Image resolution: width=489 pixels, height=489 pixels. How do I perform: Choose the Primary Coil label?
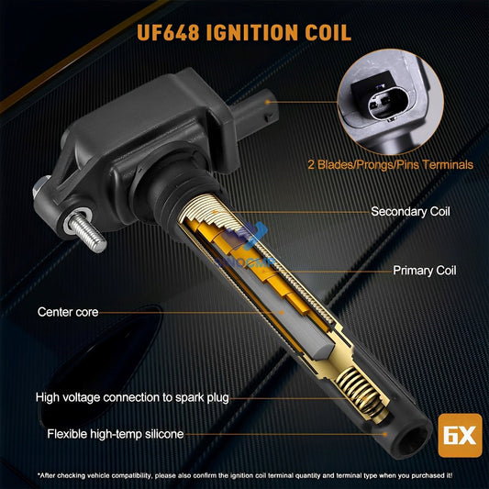tap(424, 272)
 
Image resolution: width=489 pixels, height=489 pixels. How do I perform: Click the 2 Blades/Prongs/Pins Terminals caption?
tap(391, 165)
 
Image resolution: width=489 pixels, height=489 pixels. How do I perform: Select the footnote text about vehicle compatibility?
tap(244, 475)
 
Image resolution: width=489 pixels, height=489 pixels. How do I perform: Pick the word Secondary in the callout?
tap(392, 211)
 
